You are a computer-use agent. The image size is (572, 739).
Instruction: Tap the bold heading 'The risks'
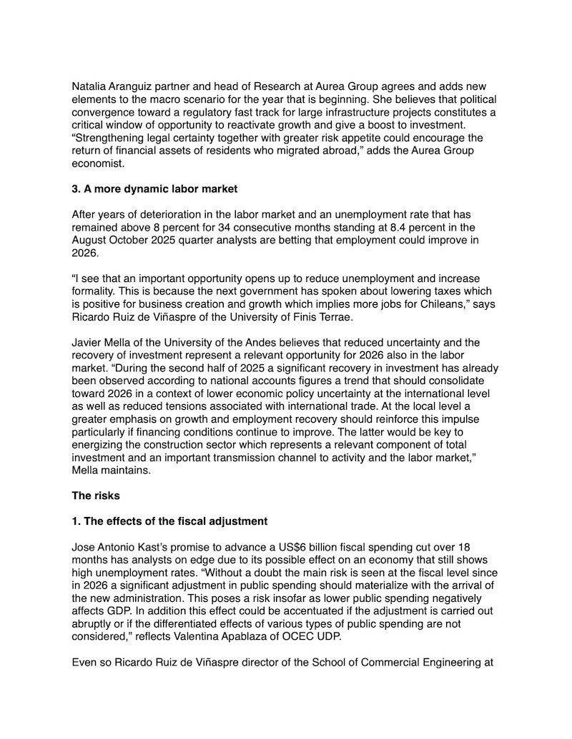pyautogui.click(x=97, y=495)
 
